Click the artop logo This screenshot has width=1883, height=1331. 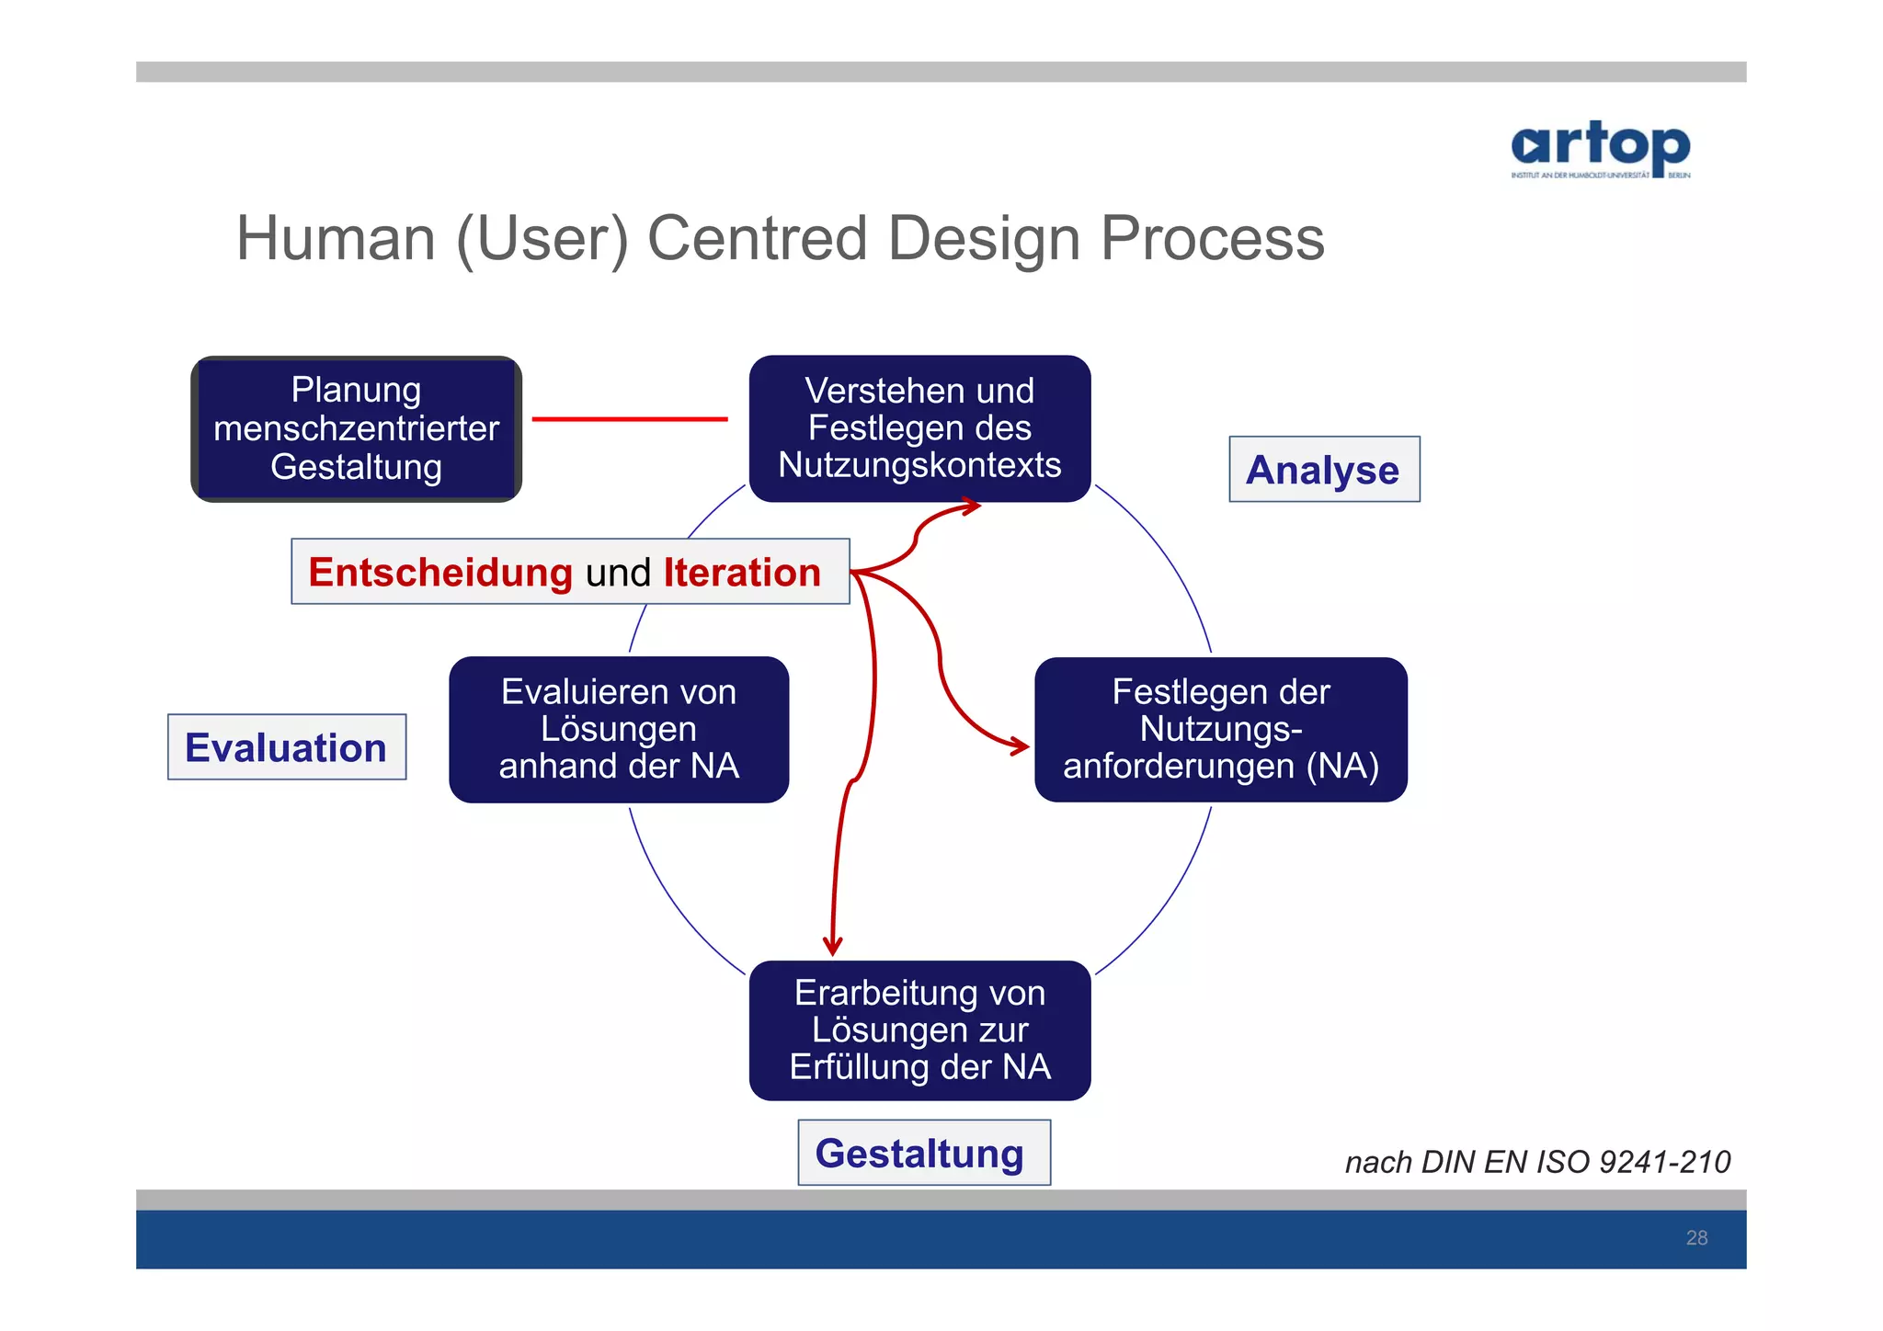tap(1600, 149)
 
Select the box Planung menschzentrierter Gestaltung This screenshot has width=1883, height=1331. tap(357, 428)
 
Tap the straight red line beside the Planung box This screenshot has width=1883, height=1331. tap(630, 419)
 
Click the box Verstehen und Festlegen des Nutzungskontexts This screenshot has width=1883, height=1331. tap(919, 428)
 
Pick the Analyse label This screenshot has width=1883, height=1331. tap(1323, 470)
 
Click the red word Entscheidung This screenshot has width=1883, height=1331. tap(440, 573)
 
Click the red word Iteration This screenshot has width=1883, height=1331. tap(742, 573)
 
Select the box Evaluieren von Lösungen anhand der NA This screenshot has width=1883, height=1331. tap(619, 729)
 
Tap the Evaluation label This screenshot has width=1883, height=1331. tap(286, 747)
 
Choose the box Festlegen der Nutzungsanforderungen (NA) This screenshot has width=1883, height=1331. tap(1220, 729)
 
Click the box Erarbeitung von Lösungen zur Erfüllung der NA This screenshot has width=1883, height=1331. tap(919, 1030)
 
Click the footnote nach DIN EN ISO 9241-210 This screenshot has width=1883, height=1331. tap(1537, 1162)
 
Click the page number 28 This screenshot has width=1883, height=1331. tap(1696, 1238)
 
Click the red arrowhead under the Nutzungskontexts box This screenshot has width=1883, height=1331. tap(972, 506)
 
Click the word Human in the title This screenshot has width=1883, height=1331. tap(336, 238)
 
